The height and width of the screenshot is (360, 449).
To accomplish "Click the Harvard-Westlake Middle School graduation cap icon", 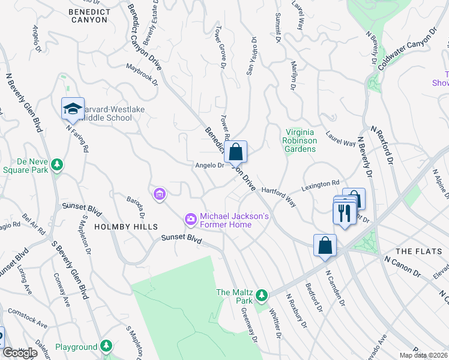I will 73,109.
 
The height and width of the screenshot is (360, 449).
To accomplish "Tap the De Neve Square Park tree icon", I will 57,164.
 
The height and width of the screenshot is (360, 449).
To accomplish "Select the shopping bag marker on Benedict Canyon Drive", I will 237,151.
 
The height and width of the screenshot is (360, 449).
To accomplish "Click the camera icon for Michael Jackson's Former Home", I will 191,220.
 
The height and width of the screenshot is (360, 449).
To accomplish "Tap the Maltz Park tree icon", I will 262,295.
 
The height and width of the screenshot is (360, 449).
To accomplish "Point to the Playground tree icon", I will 106,346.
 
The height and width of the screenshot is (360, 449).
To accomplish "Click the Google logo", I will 20,353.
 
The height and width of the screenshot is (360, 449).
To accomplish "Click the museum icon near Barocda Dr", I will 160,194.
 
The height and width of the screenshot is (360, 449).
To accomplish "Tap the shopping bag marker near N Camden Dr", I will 325,245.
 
